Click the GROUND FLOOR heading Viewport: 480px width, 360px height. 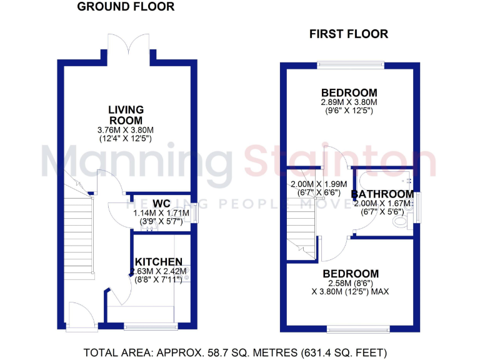coord(126,7)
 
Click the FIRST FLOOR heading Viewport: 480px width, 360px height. coord(348,34)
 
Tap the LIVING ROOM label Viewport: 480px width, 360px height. coord(126,115)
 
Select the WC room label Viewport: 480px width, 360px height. coord(161,203)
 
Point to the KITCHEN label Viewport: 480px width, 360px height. coord(159,261)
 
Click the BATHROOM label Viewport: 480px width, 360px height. coord(382,194)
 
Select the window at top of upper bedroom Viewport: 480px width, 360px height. coord(349,63)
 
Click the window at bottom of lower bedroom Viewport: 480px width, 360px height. coord(353,328)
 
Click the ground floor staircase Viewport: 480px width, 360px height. coord(78,231)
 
